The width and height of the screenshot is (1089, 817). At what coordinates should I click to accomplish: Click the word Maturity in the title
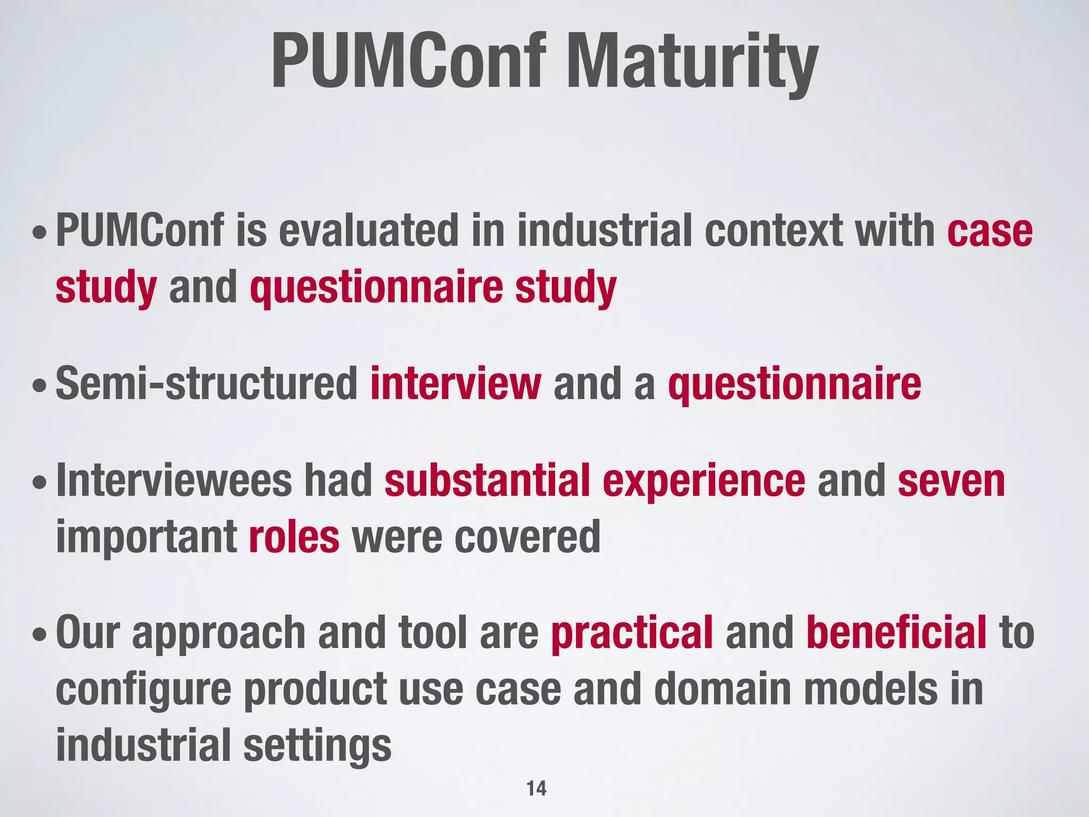pos(691,61)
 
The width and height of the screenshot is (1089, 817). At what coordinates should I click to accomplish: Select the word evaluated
pos(368,230)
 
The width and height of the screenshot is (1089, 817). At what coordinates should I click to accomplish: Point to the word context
pos(774,230)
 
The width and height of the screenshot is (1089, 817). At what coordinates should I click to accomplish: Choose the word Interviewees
pos(174,480)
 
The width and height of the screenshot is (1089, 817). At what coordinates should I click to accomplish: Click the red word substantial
pos(487,480)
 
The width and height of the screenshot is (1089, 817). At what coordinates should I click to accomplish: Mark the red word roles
pos(294,537)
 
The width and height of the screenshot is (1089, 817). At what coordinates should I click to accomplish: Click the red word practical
pos(632,633)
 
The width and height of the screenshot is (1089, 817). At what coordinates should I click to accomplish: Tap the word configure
pos(144,690)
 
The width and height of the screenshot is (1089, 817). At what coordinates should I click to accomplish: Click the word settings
pos(317,746)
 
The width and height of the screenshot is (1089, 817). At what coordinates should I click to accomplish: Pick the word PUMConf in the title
pos(408,61)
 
